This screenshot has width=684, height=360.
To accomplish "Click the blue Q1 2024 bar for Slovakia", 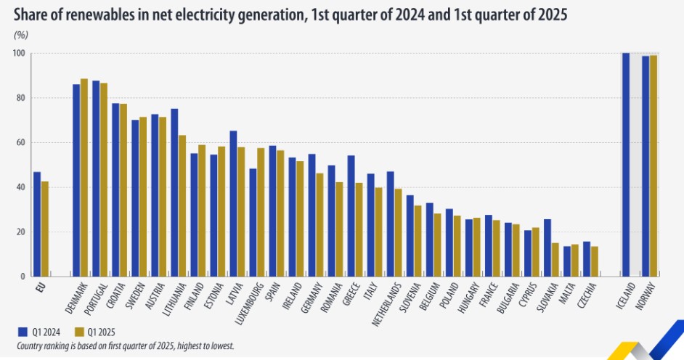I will pyautogui.click(x=547, y=247).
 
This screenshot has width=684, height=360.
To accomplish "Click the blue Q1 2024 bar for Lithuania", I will pyautogui.click(x=174, y=192).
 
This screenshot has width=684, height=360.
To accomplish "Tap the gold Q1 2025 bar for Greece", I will pyautogui.click(x=359, y=229).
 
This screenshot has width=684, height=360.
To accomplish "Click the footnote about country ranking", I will pyautogui.click(x=123, y=346).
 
